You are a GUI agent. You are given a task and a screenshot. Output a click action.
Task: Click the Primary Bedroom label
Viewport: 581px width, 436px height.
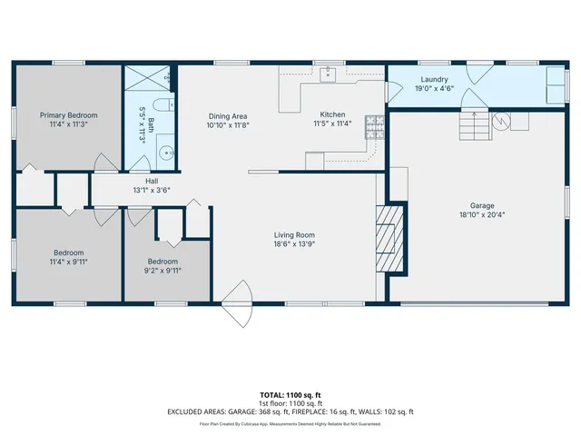click(x=68, y=115)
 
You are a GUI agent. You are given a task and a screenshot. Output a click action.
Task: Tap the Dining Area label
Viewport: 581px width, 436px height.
click(x=229, y=115)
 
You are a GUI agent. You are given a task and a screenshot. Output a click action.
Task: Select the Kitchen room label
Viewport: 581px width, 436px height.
click(x=332, y=114)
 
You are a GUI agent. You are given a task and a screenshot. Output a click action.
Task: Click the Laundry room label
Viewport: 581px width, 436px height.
click(x=433, y=79)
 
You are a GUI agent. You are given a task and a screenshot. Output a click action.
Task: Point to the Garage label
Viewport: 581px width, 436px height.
click(x=482, y=206)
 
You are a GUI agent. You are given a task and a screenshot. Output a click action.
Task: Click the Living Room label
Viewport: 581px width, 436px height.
click(x=294, y=234)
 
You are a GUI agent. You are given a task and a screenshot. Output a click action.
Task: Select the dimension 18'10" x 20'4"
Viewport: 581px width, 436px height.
click(x=482, y=215)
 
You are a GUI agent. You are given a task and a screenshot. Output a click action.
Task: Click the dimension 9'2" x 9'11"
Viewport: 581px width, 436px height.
click(x=163, y=270)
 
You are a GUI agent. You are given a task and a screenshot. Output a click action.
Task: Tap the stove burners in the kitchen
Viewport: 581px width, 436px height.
click(x=373, y=126)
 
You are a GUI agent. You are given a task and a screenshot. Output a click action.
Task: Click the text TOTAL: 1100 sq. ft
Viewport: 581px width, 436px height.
click(x=290, y=395)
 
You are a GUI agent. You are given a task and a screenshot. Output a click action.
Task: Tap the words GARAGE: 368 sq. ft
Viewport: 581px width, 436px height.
click(x=277, y=411)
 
